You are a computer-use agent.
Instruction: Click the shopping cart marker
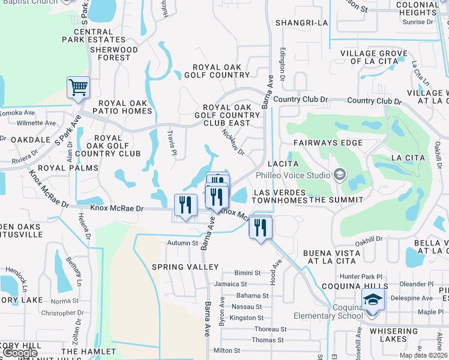pyautogui.click(x=79, y=88)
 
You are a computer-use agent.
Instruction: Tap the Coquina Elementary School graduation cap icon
pyautogui.click(x=373, y=299)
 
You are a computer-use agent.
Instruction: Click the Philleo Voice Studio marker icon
pyautogui.click(x=339, y=175)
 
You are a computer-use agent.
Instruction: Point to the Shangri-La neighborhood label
pyautogui.click(x=303, y=23)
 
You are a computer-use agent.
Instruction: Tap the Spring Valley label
pyautogui.click(x=185, y=266)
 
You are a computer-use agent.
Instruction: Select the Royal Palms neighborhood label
pyautogui.click(x=67, y=168)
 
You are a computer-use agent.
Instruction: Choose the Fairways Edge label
pyautogui.click(x=328, y=143)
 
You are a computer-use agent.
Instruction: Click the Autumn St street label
pyautogui.click(x=182, y=243)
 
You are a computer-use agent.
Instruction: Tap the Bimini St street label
pyautogui.click(x=247, y=272)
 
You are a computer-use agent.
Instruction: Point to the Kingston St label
pyautogui.click(x=246, y=318)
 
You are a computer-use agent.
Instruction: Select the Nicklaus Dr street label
pyautogui.click(x=233, y=142)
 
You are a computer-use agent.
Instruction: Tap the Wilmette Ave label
pyautogui.click(x=36, y=123)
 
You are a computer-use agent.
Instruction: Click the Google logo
pyautogui.click(x=20, y=353)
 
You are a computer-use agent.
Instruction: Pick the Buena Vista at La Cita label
pyautogui.click(x=332, y=257)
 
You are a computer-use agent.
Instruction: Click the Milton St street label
pyautogui.click(x=226, y=350)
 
